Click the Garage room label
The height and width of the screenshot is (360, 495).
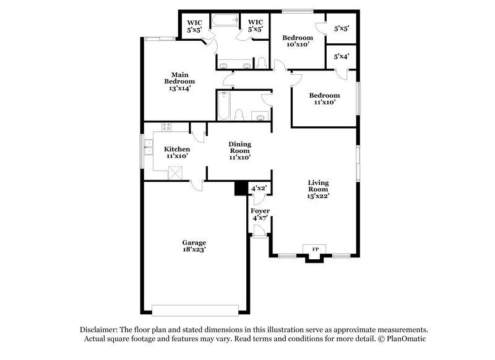pyautogui.click(x=194, y=242)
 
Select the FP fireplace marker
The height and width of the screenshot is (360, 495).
pyautogui.click(x=315, y=249)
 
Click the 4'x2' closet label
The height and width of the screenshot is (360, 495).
pyautogui.click(x=259, y=188)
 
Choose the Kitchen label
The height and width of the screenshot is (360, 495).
pyautogui.click(x=176, y=149)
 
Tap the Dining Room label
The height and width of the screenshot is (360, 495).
pyautogui.click(x=240, y=147)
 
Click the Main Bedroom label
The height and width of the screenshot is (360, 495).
pyautogui.click(x=179, y=78)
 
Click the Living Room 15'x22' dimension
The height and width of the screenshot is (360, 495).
pyautogui.click(x=319, y=196)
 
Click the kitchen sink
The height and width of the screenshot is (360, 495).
pyautogui.click(x=148, y=148)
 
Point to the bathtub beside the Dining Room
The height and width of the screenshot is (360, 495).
pyautogui.click(x=223, y=105)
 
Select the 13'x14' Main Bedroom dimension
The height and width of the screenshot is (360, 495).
pyautogui.click(x=179, y=88)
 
